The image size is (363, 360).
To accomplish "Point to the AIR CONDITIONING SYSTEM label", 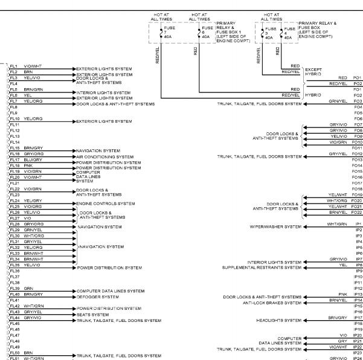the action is [x=104, y=156].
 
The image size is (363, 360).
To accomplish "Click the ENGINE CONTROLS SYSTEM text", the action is [x=105, y=204].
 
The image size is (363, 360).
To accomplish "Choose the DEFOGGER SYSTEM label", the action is [x=98, y=297].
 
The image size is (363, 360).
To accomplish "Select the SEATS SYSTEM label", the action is [x=92, y=315].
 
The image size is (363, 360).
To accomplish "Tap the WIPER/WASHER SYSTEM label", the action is [x=275, y=227].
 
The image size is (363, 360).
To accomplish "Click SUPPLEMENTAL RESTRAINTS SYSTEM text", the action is [x=262, y=268].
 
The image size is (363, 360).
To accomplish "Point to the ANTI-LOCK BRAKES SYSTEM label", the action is [x=272, y=303].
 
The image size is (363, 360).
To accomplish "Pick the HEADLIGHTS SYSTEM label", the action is [x=278, y=320].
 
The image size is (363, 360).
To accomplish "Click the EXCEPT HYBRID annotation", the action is [x=313, y=72].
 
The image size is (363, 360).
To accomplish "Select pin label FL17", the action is [x=14, y=159].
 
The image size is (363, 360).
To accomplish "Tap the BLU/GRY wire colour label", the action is [x=33, y=159].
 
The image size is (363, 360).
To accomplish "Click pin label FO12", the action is [x=357, y=154].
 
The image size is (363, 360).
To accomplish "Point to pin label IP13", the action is [x=358, y=295].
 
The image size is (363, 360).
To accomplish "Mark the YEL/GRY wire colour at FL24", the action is [x=33, y=201].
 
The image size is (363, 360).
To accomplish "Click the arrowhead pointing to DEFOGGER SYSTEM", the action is [x=74, y=297].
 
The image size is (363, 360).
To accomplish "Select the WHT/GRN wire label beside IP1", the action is [x=337, y=224].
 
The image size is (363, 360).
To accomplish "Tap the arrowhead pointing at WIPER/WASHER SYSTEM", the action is [x=305, y=227].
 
